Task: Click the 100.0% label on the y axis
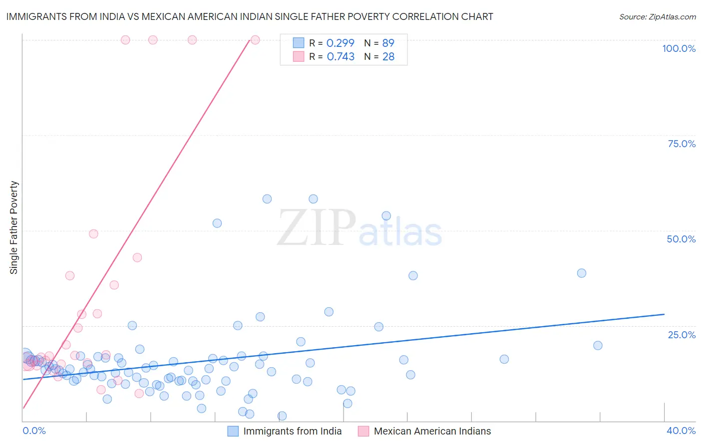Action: click(679, 48)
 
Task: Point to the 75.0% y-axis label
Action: click(682, 144)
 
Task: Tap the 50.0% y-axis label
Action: click(681, 239)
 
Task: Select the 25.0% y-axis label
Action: click(682, 335)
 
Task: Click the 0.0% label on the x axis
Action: click(34, 431)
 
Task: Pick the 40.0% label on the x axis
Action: click(681, 431)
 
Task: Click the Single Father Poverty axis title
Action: click(13, 227)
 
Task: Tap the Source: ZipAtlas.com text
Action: click(657, 16)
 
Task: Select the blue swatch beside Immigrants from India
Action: click(233, 431)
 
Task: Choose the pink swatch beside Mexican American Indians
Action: click(363, 431)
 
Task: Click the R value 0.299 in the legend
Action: click(340, 43)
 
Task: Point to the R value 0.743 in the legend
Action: click(341, 57)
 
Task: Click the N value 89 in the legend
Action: click(388, 43)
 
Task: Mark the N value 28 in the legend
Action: click(388, 57)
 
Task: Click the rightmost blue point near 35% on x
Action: click(598, 345)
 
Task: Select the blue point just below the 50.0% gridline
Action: click(217, 223)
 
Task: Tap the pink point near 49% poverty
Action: click(93, 233)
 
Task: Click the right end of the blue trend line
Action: click(664, 314)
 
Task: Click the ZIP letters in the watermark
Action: click(317, 228)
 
